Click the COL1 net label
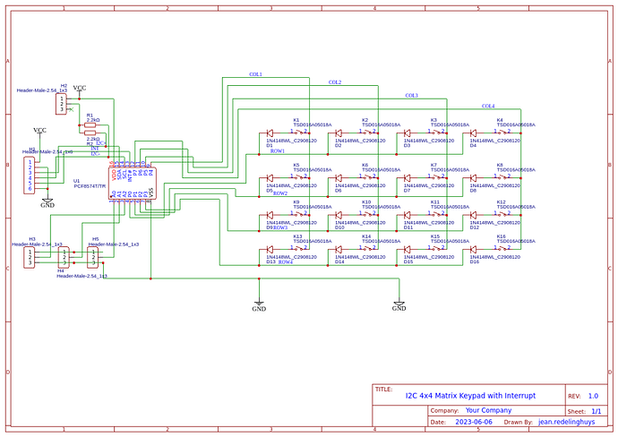(255, 74)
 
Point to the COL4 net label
(488, 106)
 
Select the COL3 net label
(411, 95)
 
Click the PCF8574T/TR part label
(90, 186)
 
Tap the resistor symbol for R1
(91, 126)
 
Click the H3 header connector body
(31, 258)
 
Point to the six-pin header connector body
(31, 176)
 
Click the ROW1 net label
(278, 151)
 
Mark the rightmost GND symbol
(399, 305)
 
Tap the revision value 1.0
(593, 395)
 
